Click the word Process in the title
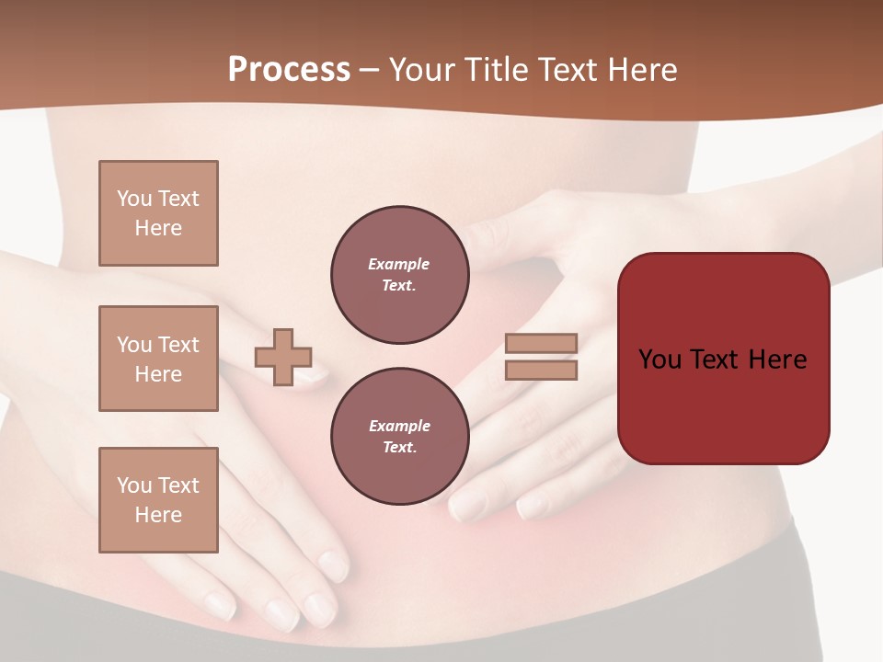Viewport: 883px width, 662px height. pyautogui.click(x=289, y=70)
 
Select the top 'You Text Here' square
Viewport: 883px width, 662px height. pyautogui.click(x=158, y=213)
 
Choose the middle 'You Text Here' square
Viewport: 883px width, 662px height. pyautogui.click(x=158, y=359)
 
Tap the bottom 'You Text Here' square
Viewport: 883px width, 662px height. pyautogui.click(x=158, y=499)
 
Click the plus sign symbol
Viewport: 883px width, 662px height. pyautogui.click(x=283, y=357)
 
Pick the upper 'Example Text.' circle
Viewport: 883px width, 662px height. pyautogui.click(x=399, y=275)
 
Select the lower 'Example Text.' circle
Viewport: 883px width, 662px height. pyautogui.click(x=399, y=437)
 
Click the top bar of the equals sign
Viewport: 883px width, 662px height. pyautogui.click(x=542, y=343)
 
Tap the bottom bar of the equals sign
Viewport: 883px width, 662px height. pyautogui.click(x=542, y=370)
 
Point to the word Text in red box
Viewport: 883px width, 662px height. pyautogui.click(x=715, y=360)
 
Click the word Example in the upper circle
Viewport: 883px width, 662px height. pyautogui.click(x=399, y=264)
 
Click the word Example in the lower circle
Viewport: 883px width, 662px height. pyautogui.click(x=399, y=426)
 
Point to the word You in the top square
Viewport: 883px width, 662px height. pyautogui.click(x=132, y=199)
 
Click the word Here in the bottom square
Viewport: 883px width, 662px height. pyautogui.click(x=158, y=515)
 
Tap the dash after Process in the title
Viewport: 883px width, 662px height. pyautogui.click(x=369, y=70)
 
